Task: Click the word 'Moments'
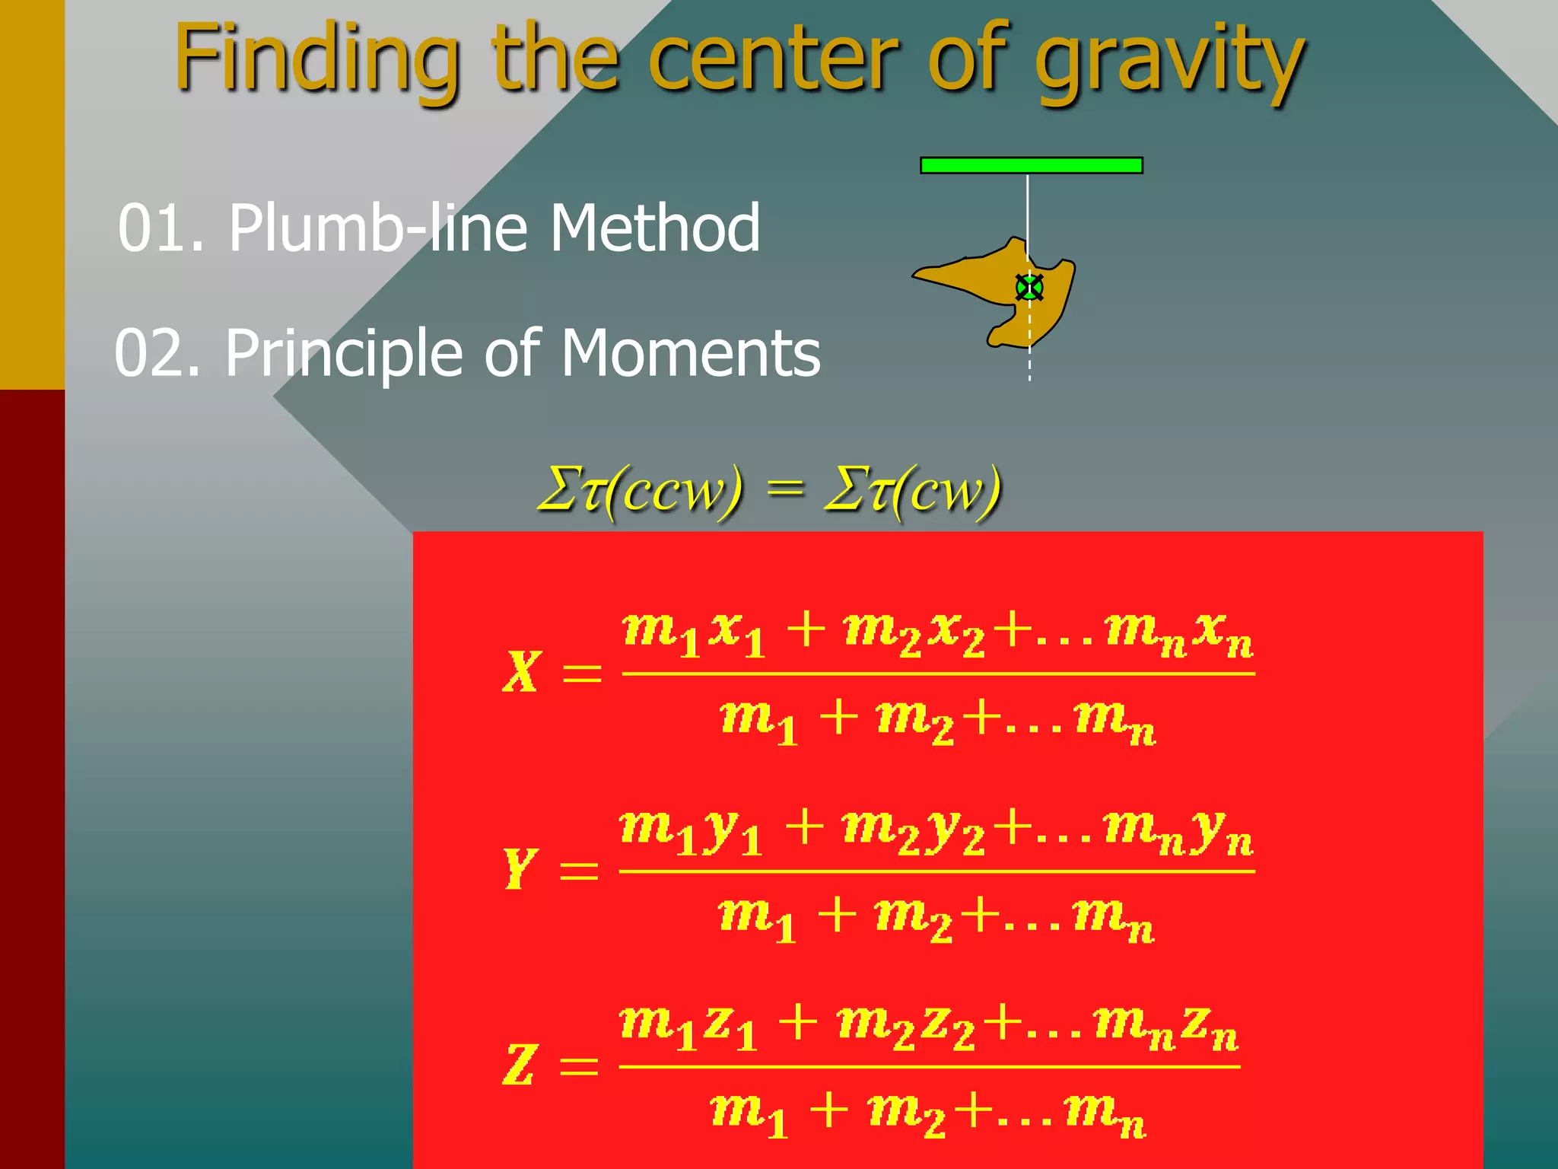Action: (691, 354)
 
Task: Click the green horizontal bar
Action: (1031, 165)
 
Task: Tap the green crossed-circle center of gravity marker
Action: (1029, 288)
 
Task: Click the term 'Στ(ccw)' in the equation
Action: (639, 490)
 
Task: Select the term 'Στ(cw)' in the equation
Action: (913, 490)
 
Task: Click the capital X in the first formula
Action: (522, 671)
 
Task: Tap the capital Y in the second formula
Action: (520, 868)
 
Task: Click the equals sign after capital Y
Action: (579, 870)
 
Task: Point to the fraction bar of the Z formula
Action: (929, 1066)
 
